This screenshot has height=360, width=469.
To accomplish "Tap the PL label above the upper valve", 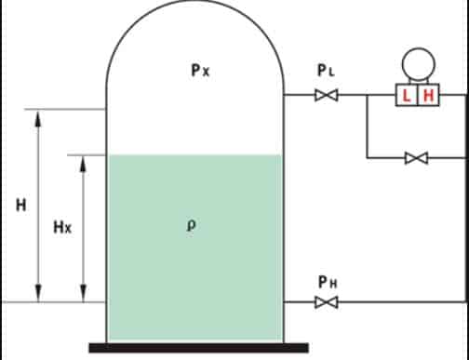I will coord(324,71).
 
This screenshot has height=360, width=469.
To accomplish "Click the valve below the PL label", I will coord(326,95).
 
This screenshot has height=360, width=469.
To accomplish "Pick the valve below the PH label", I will coord(326,302).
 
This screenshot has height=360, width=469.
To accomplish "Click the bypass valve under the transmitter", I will coord(416,158).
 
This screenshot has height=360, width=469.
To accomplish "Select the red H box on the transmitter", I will coord(429,95).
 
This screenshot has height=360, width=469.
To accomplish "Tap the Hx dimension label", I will coord(61,226).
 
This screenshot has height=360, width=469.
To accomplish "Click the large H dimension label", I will coord(20,205).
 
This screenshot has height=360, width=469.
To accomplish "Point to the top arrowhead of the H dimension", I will coord(37,115).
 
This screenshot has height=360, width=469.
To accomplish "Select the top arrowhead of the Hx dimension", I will coord(83,161).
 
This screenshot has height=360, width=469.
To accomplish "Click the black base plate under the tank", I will coord(198,348).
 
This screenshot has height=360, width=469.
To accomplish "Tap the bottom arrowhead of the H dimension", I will coord(37,297).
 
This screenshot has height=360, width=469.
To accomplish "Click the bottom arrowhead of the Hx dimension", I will coord(83,297).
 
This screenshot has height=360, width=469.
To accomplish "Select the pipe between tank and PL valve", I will coord(298,95).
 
